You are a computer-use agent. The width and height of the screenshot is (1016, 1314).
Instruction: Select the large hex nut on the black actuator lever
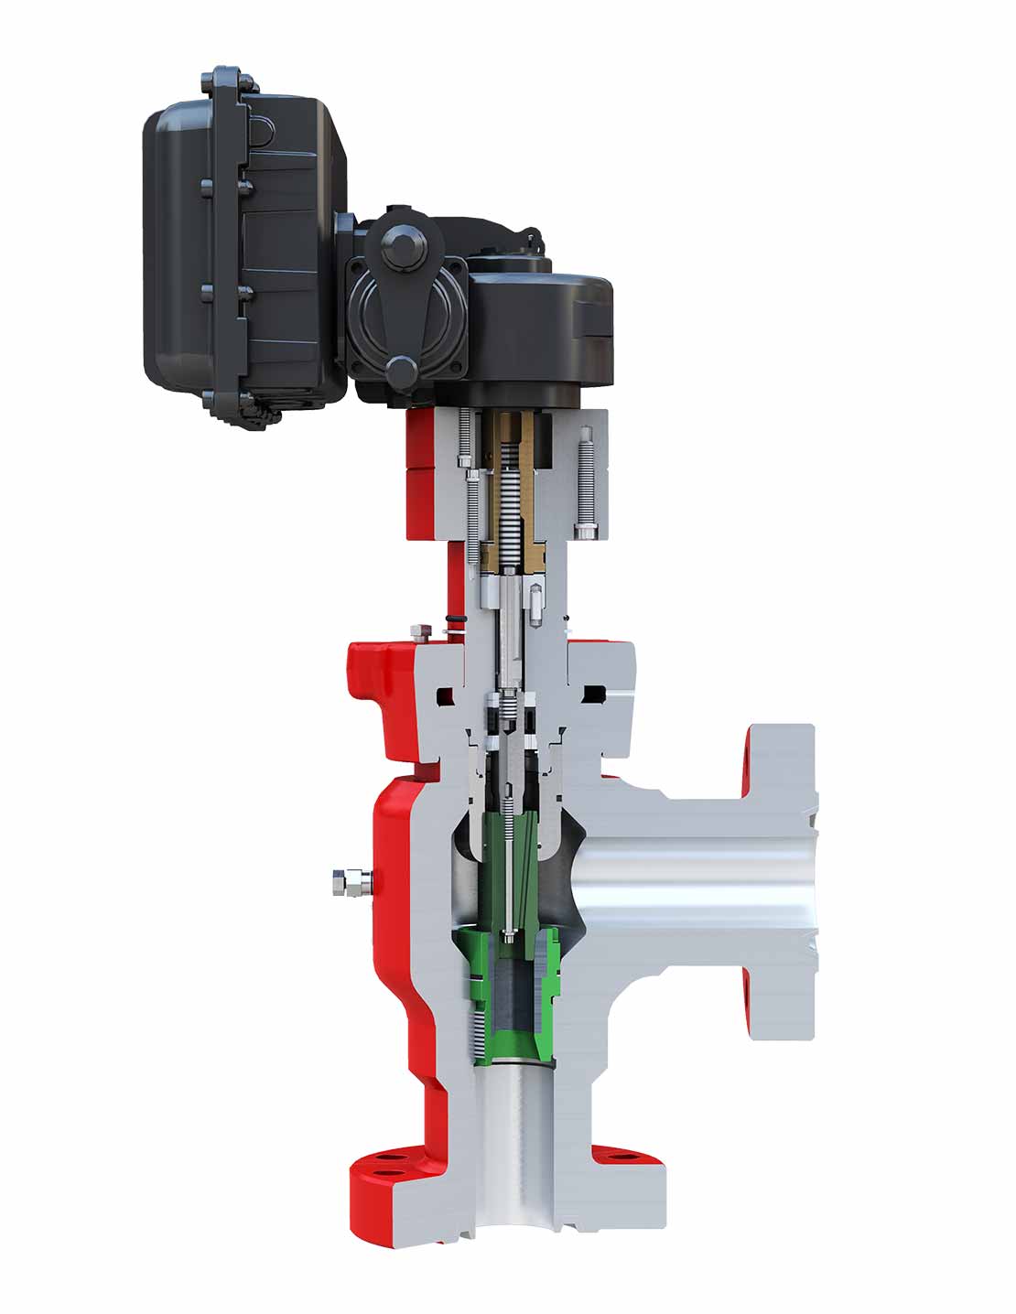[405, 249]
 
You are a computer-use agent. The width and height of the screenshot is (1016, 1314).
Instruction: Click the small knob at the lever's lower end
[400, 370]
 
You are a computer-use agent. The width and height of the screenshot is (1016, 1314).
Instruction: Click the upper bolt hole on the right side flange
[749, 757]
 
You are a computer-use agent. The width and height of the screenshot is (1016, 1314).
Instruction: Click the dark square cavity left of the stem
[446, 696]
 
